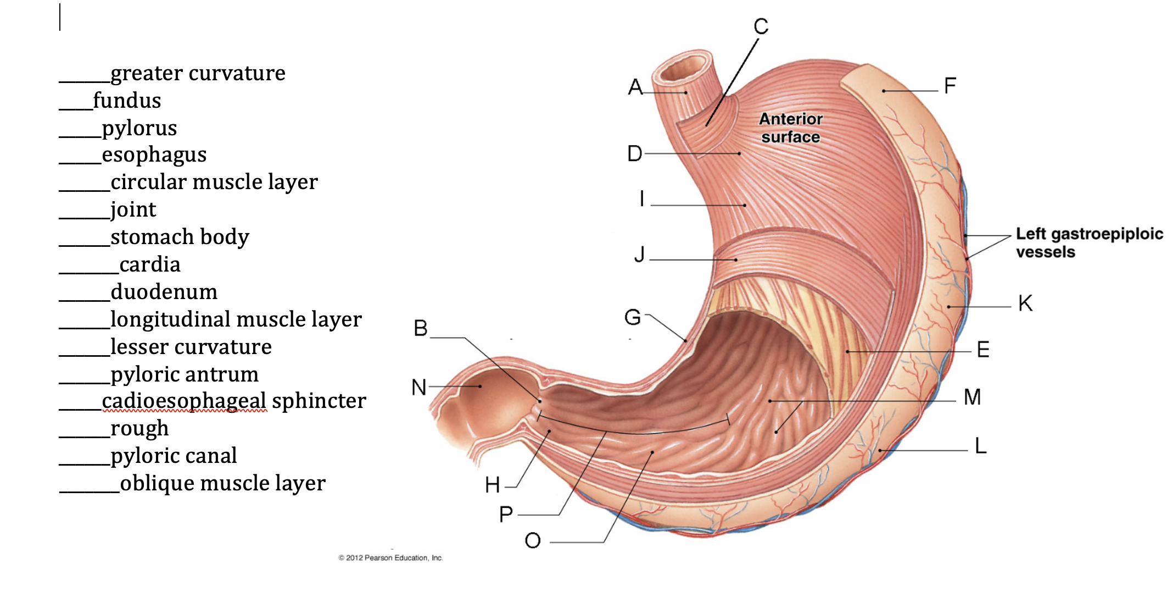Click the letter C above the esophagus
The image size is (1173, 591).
[x=761, y=26]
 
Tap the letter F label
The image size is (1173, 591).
[x=950, y=86]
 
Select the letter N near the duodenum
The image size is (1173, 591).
[x=419, y=388]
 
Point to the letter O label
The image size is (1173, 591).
[x=533, y=541]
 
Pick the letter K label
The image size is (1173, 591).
[x=1025, y=303]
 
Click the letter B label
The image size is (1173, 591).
[x=421, y=329]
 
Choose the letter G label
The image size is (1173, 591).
[x=633, y=317]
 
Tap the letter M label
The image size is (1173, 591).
[x=972, y=397]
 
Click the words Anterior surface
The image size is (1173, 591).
[x=791, y=128]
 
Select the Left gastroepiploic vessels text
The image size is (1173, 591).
[x=1089, y=242]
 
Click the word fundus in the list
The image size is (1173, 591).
[x=127, y=101]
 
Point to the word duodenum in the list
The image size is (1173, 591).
[x=164, y=292]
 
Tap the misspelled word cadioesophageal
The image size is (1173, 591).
[x=184, y=401]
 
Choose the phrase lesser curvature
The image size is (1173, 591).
[x=191, y=347]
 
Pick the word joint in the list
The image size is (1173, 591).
[x=133, y=209]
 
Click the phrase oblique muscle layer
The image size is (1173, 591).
[x=222, y=483]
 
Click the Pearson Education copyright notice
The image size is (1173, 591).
[x=390, y=558]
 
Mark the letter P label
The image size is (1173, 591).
[x=506, y=515]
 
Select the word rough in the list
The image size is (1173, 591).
[x=139, y=428]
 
